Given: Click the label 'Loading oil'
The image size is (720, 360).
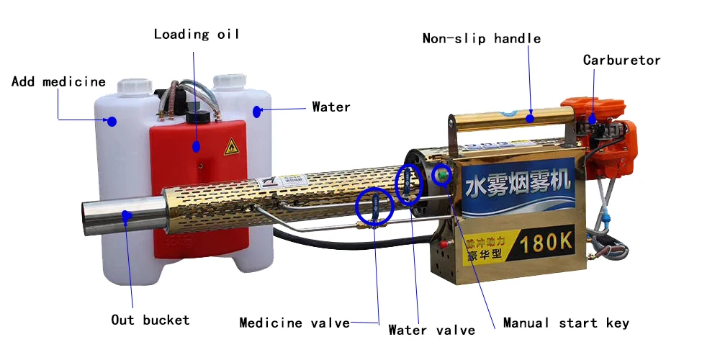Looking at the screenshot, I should pos(196,34).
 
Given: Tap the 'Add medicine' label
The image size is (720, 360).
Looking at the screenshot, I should pos(58,81).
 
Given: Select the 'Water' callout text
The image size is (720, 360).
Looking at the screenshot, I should pos(330,107).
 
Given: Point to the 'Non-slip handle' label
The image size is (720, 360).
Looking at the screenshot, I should pos(481,38).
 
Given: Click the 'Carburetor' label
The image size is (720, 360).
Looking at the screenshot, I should pos(621,60).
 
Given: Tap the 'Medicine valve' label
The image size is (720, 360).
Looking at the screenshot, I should pos(294,323).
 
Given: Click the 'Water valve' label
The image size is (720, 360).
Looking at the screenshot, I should pos(431,330).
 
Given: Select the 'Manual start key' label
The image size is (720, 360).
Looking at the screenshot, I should pos(565,323).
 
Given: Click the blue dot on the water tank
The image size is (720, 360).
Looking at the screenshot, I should pos(257,111).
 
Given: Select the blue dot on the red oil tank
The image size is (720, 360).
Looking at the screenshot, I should pos(196,146).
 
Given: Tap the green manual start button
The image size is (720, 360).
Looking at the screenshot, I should pos(441,174).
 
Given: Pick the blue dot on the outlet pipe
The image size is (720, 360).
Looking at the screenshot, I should pos(127,214).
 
